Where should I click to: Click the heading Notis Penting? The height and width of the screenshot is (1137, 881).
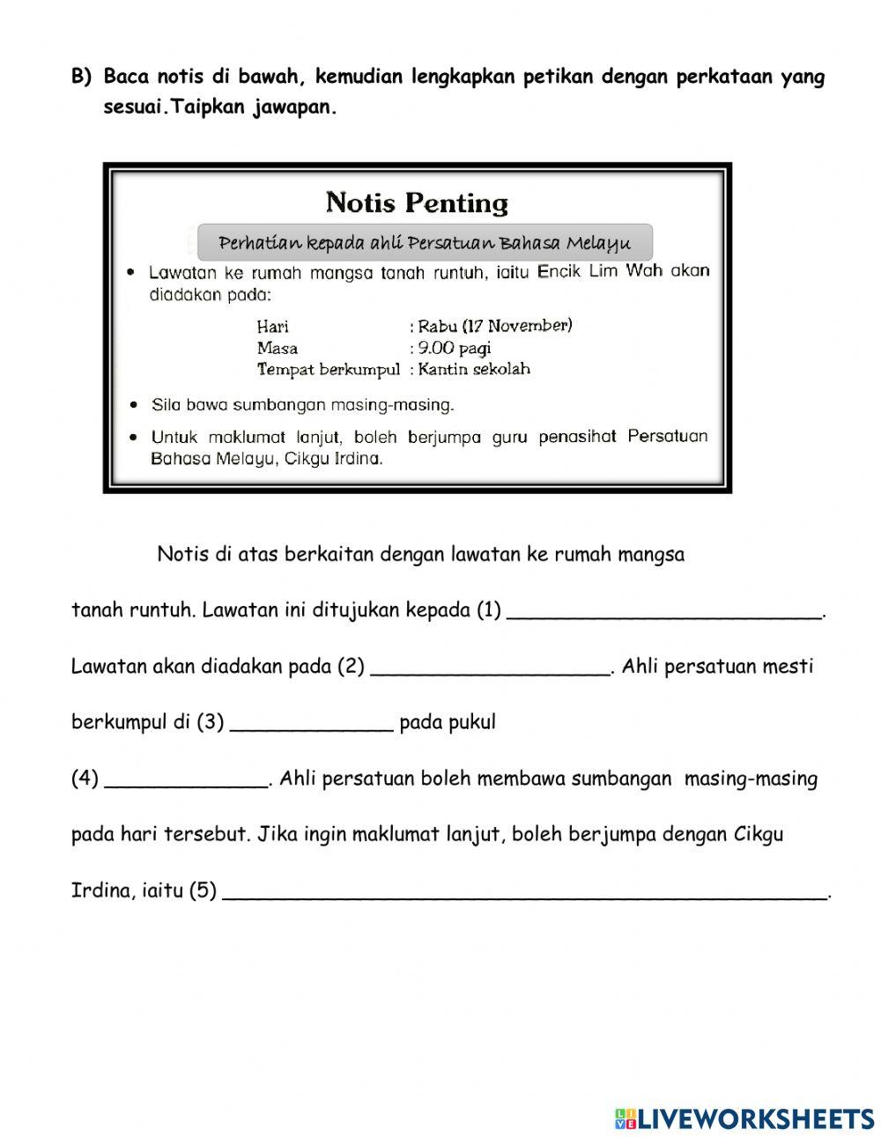(x=417, y=203)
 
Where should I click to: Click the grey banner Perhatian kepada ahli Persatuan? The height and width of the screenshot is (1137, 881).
(x=424, y=242)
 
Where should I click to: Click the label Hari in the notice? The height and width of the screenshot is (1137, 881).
(x=272, y=327)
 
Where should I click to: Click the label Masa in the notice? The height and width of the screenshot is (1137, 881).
(x=277, y=349)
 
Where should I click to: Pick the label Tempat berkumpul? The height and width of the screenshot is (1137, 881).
(x=328, y=370)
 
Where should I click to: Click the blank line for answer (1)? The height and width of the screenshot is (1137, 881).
(x=664, y=613)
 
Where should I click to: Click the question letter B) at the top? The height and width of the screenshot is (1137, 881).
(x=81, y=78)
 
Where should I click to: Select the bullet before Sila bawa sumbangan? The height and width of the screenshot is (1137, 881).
(x=132, y=406)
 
